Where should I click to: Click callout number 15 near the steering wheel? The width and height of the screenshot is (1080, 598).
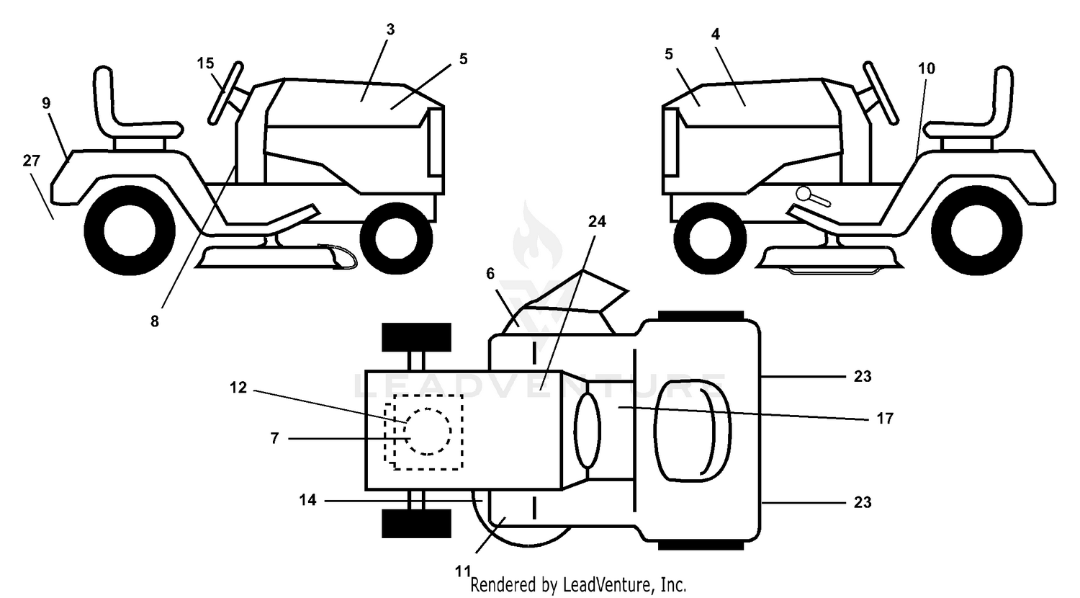tap(205, 63)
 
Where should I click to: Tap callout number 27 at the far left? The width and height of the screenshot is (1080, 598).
tap(32, 160)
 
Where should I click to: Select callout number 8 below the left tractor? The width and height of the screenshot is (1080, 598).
tap(154, 321)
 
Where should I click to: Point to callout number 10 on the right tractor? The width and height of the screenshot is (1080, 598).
tap(926, 68)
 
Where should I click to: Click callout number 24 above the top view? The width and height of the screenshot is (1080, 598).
tap(597, 221)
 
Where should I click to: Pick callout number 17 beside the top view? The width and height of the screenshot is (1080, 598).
tap(885, 418)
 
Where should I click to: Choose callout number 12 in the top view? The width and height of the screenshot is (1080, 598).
tap(238, 387)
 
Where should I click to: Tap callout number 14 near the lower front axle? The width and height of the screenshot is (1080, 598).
tap(307, 499)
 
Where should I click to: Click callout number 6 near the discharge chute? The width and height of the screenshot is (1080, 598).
tap(490, 274)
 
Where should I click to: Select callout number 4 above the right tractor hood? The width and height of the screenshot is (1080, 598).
tap(716, 34)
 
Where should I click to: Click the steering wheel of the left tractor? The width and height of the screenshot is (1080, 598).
tap(225, 93)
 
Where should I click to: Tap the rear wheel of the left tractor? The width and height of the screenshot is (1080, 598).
tap(130, 231)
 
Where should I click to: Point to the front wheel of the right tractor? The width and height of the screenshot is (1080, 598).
tap(710, 238)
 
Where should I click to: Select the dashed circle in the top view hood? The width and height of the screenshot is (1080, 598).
tap(428, 432)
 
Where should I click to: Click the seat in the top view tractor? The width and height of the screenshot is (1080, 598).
tap(693, 431)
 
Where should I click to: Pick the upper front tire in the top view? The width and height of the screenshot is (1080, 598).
tap(417, 337)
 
